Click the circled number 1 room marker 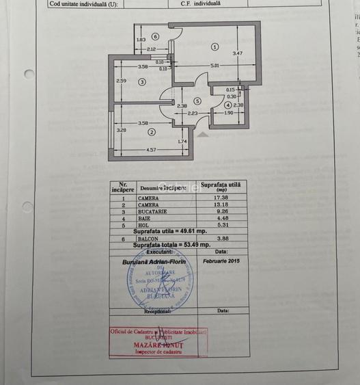pyautogui.click(x=214, y=47)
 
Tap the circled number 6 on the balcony pyautogui.click(x=156, y=36)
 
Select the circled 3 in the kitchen pyautogui.click(x=141, y=81)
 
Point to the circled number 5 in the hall pyautogui.click(x=197, y=101)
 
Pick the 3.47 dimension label pyautogui.click(x=237, y=53)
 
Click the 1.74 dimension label pyautogui.click(x=182, y=142)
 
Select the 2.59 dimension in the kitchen pyautogui.click(x=121, y=81)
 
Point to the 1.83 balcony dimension pyautogui.click(x=141, y=40)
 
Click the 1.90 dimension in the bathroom pyautogui.click(x=229, y=113)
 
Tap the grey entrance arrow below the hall pyautogui.click(x=202, y=134)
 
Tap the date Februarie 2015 pyautogui.click(x=221, y=261)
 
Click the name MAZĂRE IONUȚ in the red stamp pyautogui.click(x=158, y=346)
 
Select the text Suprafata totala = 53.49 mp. pyautogui.click(x=171, y=244)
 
